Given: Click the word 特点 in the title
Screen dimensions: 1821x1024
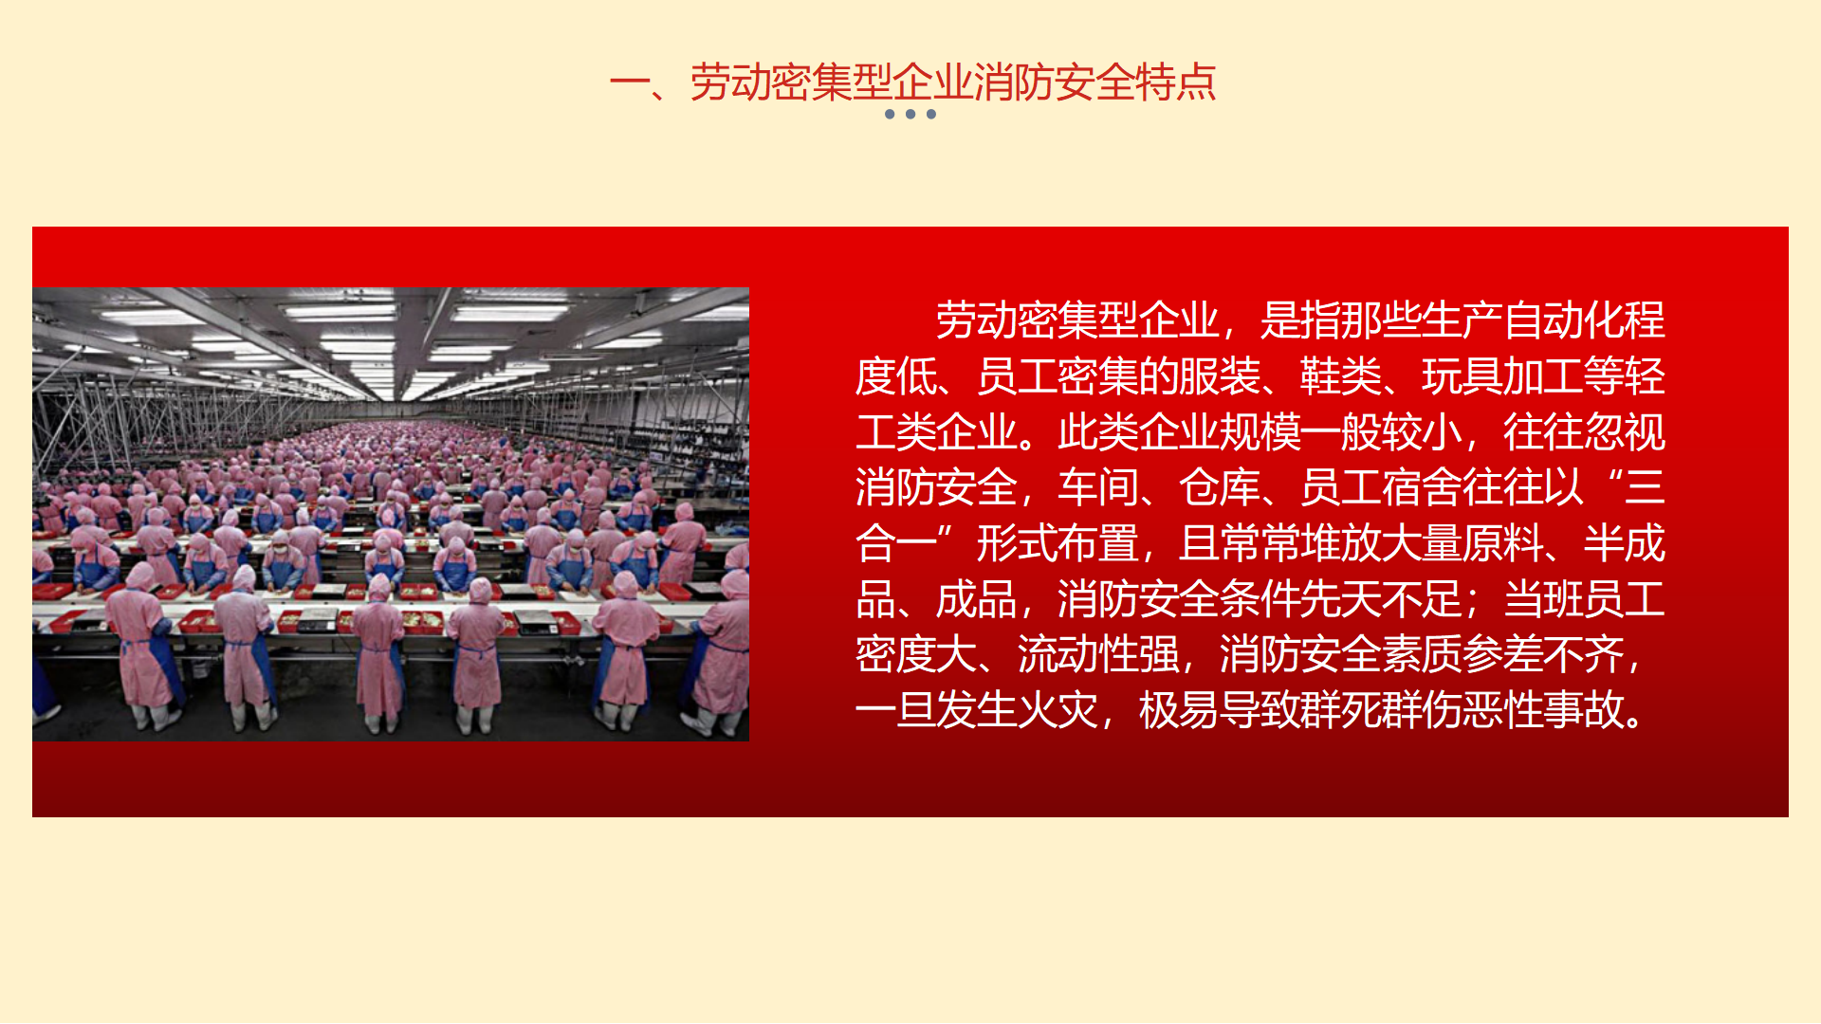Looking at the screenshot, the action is [1176, 82].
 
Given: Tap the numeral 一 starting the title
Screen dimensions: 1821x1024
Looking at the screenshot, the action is [629, 83].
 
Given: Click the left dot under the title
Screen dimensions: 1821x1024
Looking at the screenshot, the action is [890, 114].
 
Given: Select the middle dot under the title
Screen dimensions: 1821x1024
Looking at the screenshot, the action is [910, 114].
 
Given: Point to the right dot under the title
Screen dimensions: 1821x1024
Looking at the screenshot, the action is [931, 114].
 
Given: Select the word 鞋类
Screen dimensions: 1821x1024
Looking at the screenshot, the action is [1341, 376].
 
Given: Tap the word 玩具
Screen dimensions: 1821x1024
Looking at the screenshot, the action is [1462, 376].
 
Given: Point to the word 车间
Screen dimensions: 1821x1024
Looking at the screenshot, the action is [1098, 487].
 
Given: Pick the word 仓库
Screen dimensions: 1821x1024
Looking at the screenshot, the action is [1220, 487].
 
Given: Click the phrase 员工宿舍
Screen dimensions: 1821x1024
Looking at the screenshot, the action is [1381, 487].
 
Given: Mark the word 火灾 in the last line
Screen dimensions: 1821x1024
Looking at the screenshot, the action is [1058, 710].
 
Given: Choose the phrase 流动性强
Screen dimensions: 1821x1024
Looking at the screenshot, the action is [1098, 654].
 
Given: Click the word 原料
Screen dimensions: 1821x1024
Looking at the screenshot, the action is [1503, 543].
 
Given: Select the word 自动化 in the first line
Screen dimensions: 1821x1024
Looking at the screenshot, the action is [1564, 320].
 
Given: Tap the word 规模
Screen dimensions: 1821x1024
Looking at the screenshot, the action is [1260, 432].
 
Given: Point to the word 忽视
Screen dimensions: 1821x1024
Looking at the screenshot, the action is [1625, 432].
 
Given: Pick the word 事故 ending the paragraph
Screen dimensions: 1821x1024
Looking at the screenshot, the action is [1584, 710].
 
